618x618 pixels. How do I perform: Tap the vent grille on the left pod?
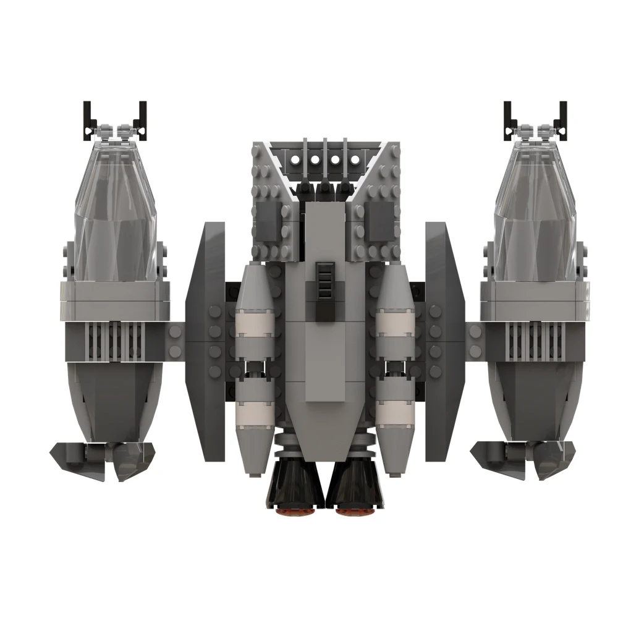pyautogui.click(x=114, y=342)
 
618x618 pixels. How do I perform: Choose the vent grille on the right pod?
pyautogui.click(x=536, y=342)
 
